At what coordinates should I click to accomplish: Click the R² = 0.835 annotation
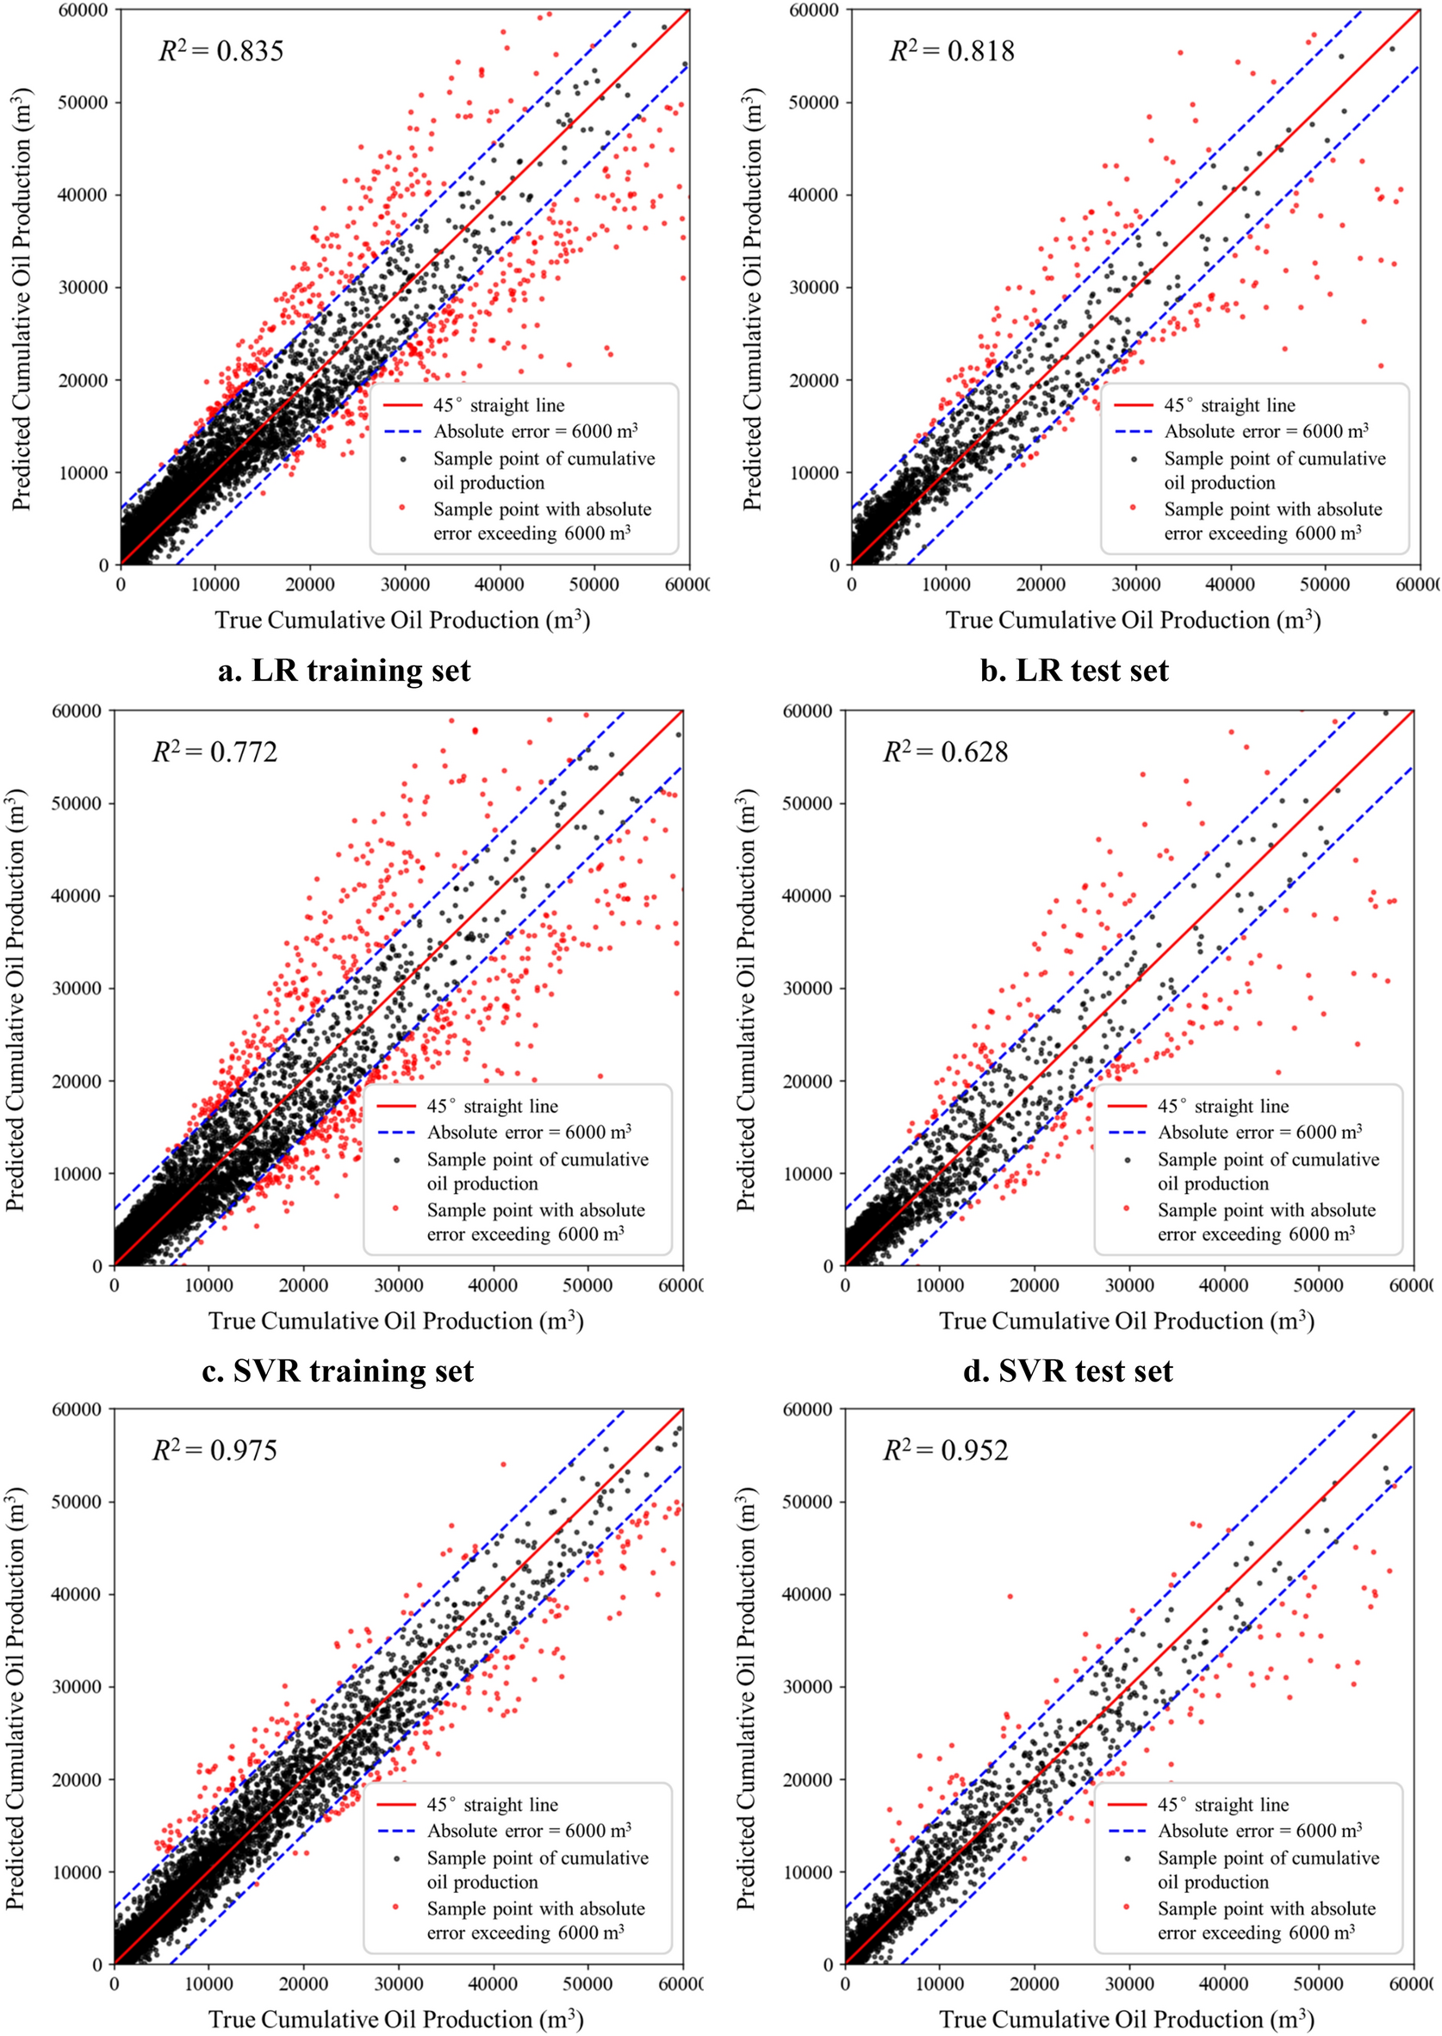[221, 51]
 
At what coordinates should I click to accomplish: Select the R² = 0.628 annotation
[945, 752]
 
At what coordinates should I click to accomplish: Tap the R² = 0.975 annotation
[214, 1450]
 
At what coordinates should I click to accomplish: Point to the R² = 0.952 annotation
[945, 1450]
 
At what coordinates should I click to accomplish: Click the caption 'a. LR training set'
[345, 670]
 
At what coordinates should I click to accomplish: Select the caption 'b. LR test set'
[1074, 670]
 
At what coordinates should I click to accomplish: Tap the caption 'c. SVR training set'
[339, 1371]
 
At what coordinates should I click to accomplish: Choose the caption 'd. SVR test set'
[1068, 1371]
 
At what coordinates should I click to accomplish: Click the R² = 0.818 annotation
[952, 51]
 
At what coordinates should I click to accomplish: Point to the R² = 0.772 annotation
[214, 752]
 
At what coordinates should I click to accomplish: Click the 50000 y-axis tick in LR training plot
[83, 103]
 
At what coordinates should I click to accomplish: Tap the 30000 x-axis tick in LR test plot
[1135, 584]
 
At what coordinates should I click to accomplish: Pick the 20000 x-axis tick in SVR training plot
[304, 1284]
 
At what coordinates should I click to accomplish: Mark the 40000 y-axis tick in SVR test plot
[807, 896]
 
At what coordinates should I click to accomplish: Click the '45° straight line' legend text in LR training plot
[499, 405]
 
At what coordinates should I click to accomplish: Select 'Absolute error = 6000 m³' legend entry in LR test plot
[1266, 431]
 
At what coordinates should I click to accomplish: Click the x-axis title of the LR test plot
[1133, 619]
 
